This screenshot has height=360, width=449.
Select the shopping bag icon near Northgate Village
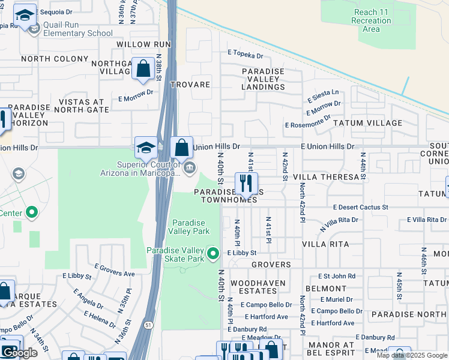point(144,70)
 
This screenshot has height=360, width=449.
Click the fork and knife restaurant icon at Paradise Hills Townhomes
point(246,183)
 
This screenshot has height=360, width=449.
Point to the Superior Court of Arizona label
point(148,169)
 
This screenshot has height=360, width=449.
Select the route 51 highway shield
point(149,342)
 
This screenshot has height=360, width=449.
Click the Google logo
point(19,353)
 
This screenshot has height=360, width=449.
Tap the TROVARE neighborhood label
point(190,85)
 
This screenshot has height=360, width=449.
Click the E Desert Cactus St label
point(361,207)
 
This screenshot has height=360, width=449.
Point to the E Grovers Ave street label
point(115,269)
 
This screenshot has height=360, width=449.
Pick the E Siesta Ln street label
point(323,96)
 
